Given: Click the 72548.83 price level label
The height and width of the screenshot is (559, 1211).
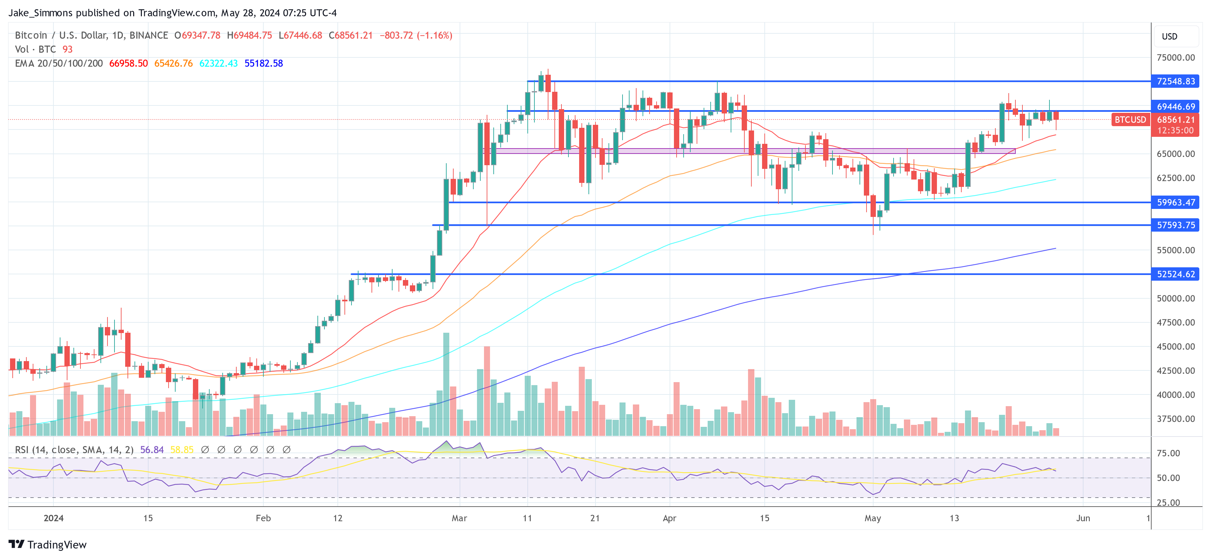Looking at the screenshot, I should pos(1175,81).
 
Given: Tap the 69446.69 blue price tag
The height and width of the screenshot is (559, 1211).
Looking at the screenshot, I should pos(1175,107).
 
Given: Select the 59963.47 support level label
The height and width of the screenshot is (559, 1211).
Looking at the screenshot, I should pos(1175,203).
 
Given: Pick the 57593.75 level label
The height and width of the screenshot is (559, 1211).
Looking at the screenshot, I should pos(1175,225).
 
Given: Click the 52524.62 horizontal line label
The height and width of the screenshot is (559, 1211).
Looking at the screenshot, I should pos(1175,274).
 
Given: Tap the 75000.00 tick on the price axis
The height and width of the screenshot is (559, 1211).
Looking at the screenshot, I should pos(1175,57).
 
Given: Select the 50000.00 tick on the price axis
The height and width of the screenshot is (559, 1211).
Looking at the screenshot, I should pos(1175,299).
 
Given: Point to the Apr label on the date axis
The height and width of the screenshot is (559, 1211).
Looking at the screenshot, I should pos(669,518).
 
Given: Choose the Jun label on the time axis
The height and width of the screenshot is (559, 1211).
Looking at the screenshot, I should pos(1083,518).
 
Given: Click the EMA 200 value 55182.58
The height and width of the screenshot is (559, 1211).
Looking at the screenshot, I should pos(263,63).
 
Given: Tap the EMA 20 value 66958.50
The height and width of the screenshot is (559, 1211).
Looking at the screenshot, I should pos(128,63).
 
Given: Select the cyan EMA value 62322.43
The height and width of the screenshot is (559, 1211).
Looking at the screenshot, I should pos(219,63).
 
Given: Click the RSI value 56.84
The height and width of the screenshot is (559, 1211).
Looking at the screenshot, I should pos(152,450).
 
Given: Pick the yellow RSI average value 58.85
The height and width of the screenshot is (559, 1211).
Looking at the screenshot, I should pos(182,450).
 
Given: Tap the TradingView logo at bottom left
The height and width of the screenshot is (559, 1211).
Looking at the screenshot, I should pos(47,544).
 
